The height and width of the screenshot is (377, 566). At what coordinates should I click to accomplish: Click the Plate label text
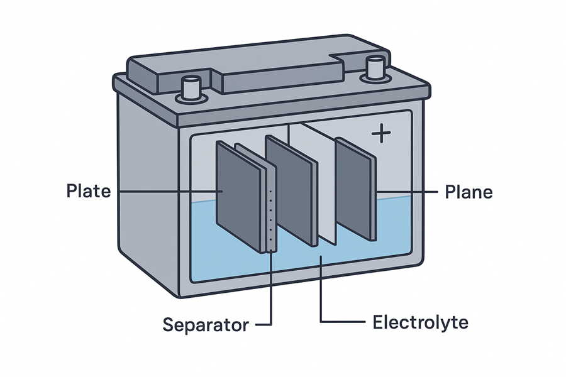[88, 191]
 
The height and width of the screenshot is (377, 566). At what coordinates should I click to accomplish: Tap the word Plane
[469, 192]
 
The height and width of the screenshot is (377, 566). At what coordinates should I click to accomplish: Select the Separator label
[206, 325]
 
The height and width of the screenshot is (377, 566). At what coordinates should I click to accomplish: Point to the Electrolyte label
[420, 323]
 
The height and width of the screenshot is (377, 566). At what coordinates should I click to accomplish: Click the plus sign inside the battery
[380, 134]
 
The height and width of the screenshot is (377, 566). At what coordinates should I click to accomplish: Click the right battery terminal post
[375, 68]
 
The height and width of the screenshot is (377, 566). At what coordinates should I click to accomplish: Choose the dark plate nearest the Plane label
[355, 188]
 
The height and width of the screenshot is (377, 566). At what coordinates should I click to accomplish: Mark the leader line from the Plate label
[167, 191]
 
